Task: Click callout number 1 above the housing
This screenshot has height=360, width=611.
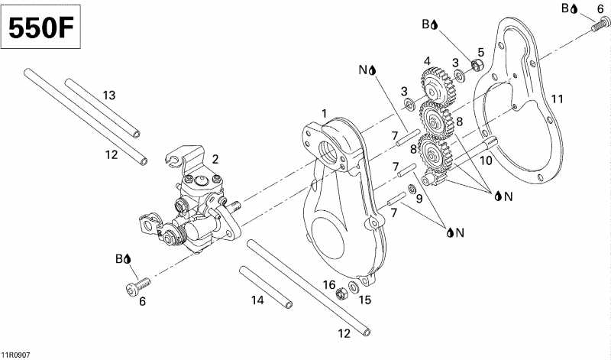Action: (324, 114)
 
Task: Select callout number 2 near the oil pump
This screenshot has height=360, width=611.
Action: (215, 159)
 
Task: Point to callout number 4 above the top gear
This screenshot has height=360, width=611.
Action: (428, 60)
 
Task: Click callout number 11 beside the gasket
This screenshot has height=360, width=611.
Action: (558, 99)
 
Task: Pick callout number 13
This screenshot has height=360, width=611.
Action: (109, 96)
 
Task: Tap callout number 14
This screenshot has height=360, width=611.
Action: (257, 300)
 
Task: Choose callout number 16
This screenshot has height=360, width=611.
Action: (329, 284)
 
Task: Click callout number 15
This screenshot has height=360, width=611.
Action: (365, 300)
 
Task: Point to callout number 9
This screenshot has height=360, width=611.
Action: (419, 199)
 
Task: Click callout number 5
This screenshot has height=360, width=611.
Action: (480, 52)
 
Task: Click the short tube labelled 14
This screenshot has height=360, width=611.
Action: (266, 287)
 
